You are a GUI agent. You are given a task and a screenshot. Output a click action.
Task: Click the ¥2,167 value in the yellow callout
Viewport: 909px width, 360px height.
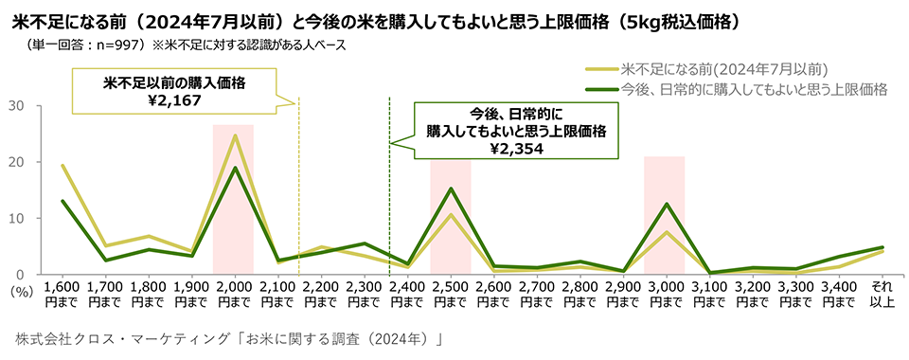pos(174,100)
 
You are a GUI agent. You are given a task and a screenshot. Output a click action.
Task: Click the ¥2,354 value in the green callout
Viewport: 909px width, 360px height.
pos(517,149)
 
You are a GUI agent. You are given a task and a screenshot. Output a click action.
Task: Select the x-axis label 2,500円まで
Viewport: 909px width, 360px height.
pos(451,295)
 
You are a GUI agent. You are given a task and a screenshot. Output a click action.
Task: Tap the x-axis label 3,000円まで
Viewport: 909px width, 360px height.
pos(666,295)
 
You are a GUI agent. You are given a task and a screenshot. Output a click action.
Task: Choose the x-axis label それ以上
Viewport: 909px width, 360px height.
pos(882,295)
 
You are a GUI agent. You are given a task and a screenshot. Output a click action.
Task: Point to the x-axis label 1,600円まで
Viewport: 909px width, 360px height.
pos(62,295)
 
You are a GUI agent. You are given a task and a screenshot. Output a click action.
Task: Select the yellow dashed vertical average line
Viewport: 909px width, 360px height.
pos(298,186)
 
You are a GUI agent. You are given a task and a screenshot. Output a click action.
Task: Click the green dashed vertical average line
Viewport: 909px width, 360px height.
pos(389,186)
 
